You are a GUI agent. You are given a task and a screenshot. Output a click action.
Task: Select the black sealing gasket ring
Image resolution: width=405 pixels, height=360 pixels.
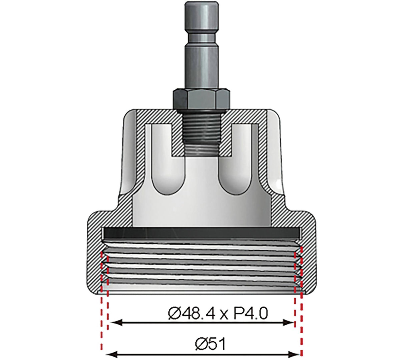tap(202, 232)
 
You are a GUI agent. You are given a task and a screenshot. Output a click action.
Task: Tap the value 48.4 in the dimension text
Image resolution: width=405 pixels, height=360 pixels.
tap(198, 314)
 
